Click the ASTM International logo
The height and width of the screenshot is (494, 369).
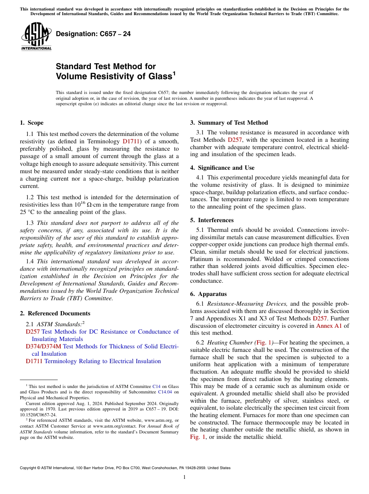click(x=36, y=36)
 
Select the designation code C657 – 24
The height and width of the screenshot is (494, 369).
click(x=93, y=34)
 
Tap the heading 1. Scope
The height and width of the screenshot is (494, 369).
click(x=31, y=123)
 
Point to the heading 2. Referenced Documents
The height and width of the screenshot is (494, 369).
click(x=55, y=313)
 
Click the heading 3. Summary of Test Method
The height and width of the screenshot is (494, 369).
click(x=229, y=123)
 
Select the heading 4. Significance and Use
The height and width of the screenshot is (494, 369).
click(x=222, y=168)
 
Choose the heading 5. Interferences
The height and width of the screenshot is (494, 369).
click(x=214, y=220)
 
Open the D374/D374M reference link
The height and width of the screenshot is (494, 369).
click(x=44, y=346)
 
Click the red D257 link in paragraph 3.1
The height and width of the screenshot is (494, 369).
click(x=235, y=140)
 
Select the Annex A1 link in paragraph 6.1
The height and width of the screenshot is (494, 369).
click(x=329, y=326)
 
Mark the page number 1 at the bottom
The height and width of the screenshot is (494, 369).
click(x=184, y=477)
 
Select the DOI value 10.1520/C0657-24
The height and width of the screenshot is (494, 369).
click(x=38, y=414)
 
